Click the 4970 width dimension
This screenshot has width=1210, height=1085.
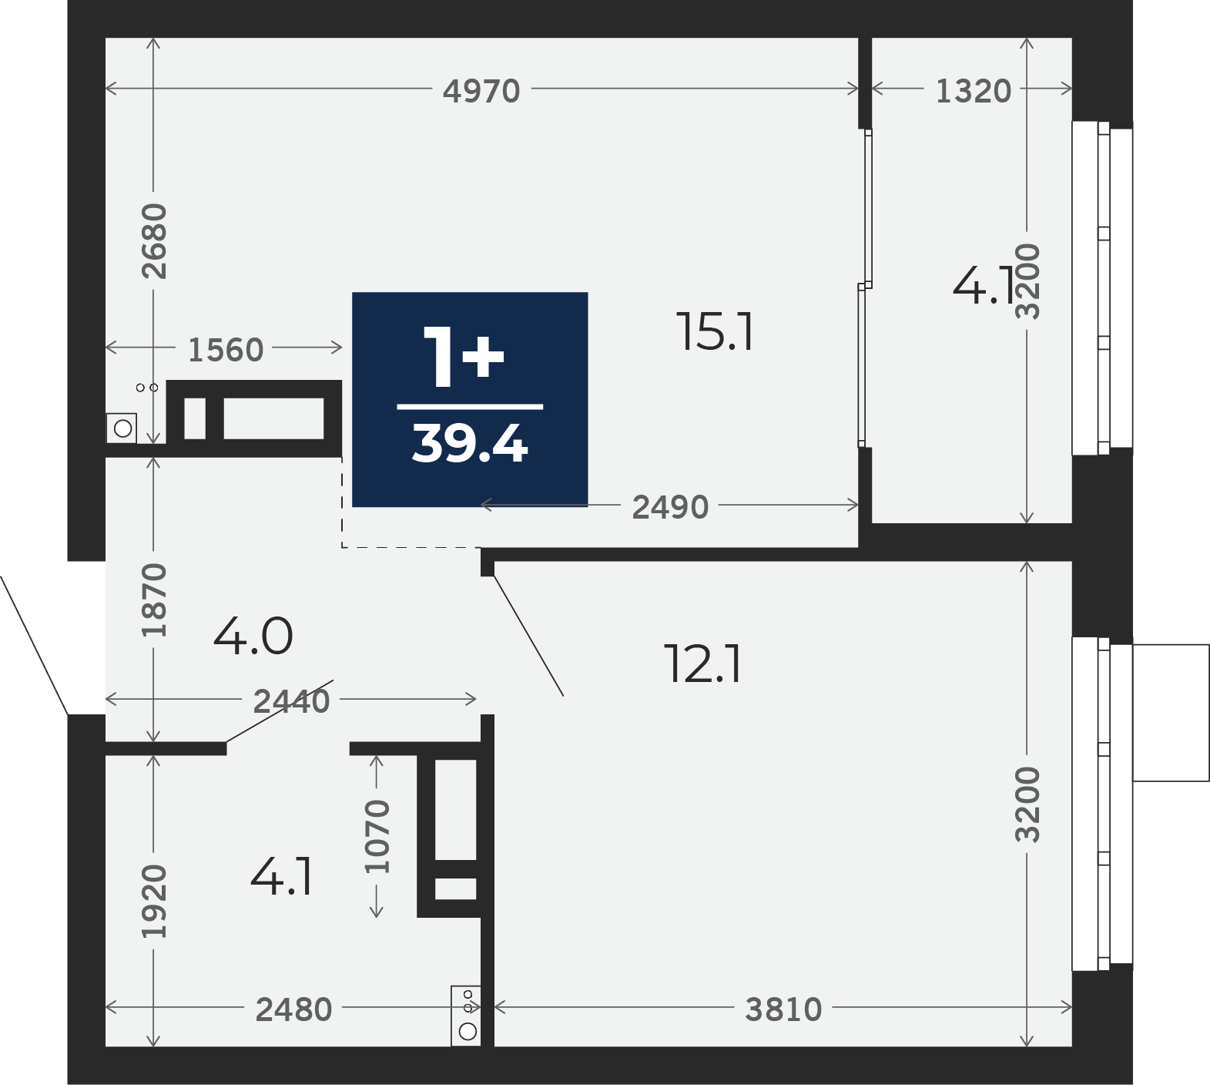[481, 91]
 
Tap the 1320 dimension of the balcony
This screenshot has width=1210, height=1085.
[973, 91]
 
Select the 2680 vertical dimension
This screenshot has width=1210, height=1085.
[154, 240]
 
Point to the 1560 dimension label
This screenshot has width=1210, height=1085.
[226, 350]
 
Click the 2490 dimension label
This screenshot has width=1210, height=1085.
[670, 507]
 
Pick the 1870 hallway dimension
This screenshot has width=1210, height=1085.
[154, 600]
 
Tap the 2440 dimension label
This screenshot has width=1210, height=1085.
[291, 701]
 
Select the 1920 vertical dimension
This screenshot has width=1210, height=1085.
[154, 902]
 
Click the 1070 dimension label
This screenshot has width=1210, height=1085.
[377, 836]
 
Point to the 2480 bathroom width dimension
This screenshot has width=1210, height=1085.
[293, 1009]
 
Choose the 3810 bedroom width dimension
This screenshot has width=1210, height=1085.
[783, 1009]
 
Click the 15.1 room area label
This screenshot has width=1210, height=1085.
[716, 332]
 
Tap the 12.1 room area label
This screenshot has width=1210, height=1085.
[703, 665]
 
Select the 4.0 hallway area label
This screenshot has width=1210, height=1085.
[253, 637]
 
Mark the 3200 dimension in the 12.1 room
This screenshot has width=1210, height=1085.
[1027, 804]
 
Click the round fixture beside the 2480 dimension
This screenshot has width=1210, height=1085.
[467, 1030]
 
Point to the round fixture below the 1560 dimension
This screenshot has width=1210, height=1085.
[122, 428]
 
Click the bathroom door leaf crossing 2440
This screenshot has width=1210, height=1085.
[280, 711]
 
